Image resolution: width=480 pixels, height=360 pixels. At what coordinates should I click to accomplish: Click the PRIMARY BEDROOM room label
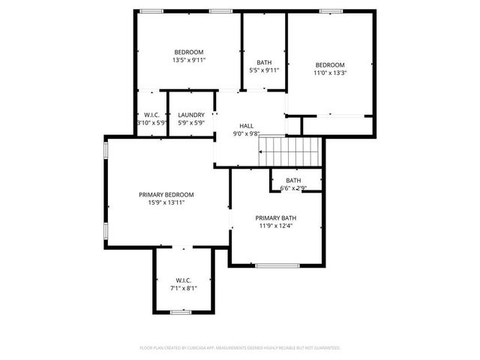tap(166, 194)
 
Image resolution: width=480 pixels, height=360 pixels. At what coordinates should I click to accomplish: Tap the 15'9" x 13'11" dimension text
tap(166, 202)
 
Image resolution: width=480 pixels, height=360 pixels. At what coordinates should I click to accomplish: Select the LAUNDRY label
tap(191, 115)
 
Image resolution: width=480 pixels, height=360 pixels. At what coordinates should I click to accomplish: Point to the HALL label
tap(246, 126)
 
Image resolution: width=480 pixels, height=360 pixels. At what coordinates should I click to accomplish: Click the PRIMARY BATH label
tap(275, 217)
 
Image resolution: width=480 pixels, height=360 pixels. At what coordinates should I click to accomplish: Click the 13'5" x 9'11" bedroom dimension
tap(189, 60)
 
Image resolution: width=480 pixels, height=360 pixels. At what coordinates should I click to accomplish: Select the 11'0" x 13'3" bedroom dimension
tap(329, 73)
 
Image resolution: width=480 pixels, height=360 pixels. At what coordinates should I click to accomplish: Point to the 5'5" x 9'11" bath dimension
tap(264, 70)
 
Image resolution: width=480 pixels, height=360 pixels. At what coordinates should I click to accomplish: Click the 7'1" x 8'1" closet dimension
tap(184, 287)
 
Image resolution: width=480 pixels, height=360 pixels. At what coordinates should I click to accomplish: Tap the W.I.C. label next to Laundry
tap(151, 115)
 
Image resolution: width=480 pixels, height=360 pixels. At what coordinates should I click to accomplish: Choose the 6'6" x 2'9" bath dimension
tap(292, 188)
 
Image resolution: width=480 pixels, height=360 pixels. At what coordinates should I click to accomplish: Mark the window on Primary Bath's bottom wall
tap(277, 265)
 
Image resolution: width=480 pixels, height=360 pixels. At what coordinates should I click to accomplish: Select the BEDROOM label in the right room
tap(329, 64)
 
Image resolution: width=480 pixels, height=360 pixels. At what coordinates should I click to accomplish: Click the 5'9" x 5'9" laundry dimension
tap(191, 122)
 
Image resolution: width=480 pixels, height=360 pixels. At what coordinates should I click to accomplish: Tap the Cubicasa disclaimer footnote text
tap(240, 348)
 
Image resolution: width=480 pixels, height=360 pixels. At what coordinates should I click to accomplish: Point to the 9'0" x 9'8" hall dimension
tap(246, 134)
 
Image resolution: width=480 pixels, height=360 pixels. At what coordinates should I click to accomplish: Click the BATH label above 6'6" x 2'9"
tap(292, 180)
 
